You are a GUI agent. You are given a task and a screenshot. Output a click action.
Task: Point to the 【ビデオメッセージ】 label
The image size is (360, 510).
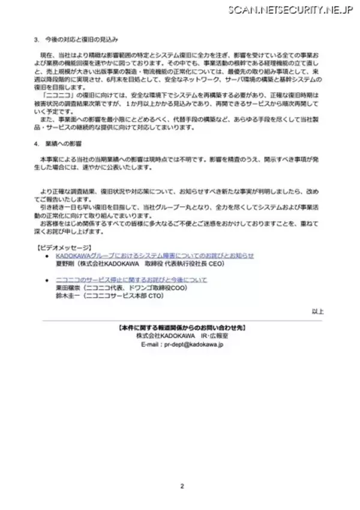[64, 248]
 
